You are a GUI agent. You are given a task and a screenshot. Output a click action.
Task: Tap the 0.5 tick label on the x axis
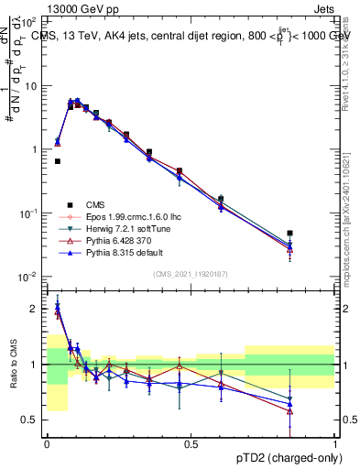191,443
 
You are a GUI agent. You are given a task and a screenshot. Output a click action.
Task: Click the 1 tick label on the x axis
335,443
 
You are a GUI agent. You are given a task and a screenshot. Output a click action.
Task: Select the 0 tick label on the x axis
46,443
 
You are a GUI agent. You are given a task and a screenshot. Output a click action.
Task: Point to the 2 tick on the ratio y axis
35,309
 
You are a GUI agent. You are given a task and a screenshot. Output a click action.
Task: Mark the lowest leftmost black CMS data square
57,161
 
